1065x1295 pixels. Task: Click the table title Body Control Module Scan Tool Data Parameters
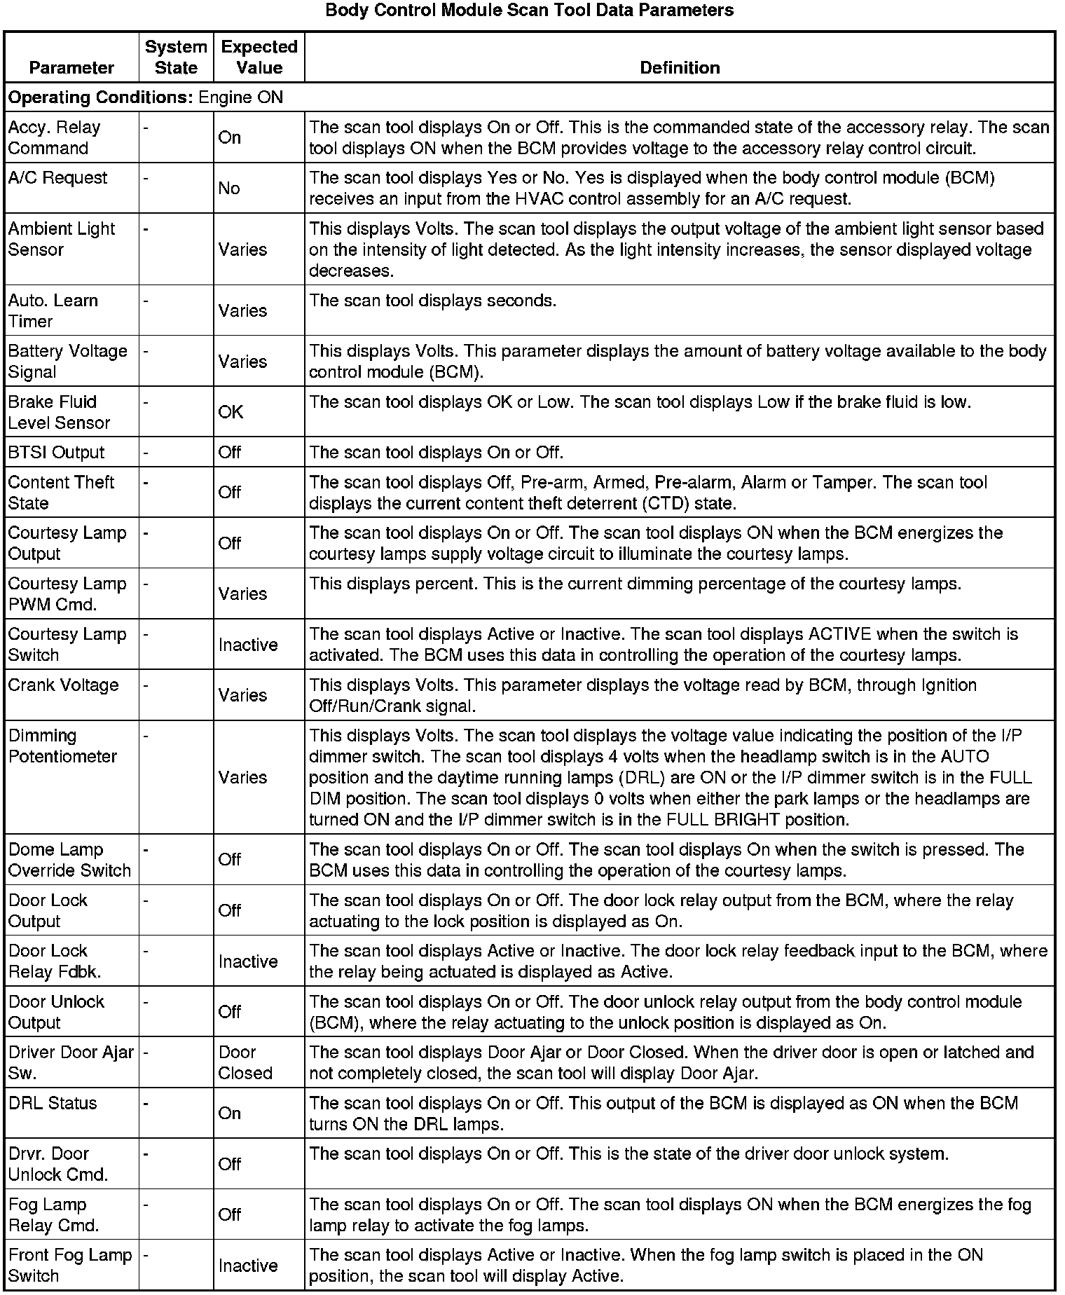coord(530,11)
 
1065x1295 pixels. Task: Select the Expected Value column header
coord(259,57)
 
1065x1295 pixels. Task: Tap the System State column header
coord(176,57)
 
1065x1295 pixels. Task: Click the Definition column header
coord(680,67)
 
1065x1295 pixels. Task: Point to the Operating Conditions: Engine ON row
coord(146,97)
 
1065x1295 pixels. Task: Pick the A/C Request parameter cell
coord(58,178)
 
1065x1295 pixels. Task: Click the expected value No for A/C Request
coord(229,189)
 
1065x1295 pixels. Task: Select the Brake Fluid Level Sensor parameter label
coord(59,412)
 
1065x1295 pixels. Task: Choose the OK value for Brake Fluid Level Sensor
coord(231,412)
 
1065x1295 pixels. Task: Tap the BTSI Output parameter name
coord(56,453)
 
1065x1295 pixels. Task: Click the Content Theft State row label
coord(61,493)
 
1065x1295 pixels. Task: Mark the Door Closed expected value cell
coord(245,1062)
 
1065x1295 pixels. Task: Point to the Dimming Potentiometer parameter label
coord(62,746)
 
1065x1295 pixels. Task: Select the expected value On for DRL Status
coord(230,1114)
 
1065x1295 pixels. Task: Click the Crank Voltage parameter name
coord(64,685)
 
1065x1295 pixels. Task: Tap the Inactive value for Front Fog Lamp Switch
coord(248,1266)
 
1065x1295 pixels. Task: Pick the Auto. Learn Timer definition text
coord(433,301)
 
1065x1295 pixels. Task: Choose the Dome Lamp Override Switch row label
coord(69,860)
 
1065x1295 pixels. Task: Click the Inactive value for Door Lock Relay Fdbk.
coord(248,961)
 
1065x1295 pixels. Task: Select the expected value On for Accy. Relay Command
coord(230,137)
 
